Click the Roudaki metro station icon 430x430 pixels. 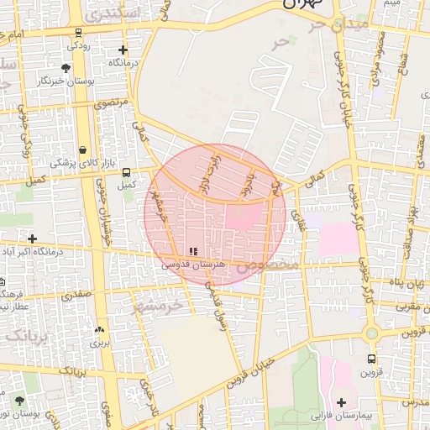(x=78, y=34)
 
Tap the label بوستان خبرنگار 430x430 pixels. (x=64, y=81)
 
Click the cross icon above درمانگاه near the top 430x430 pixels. (x=123, y=50)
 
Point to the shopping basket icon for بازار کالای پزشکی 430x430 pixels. (x=82, y=149)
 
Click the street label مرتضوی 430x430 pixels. (x=113, y=102)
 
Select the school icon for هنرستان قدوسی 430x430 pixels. (x=194, y=251)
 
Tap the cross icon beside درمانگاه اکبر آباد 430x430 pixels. (x=33, y=239)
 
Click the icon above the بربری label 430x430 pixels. (x=100, y=330)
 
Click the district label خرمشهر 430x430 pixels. (x=156, y=306)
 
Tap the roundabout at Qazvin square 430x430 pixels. (x=370, y=333)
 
